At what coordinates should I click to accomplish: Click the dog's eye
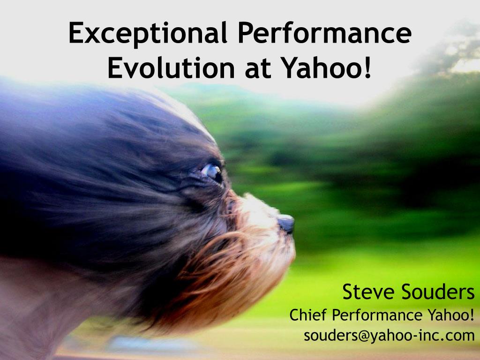(212, 171)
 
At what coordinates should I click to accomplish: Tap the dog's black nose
(286, 223)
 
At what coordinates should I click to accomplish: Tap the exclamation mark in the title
(367, 68)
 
